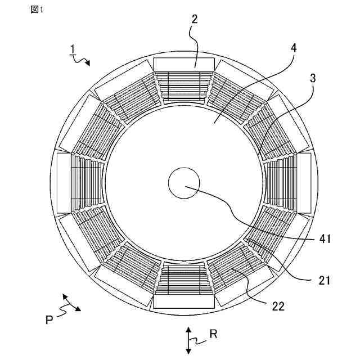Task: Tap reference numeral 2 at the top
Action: point(194,19)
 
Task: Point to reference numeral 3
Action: point(313,79)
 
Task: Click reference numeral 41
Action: point(325,239)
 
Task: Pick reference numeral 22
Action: point(278,307)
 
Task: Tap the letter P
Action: point(49,319)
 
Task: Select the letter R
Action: point(213,334)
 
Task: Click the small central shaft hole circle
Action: point(184,183)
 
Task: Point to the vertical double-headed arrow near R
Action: point(189,339)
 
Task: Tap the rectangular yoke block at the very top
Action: point(184,62)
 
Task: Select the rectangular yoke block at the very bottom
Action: point(184,301)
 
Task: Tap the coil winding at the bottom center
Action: point(184,279)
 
